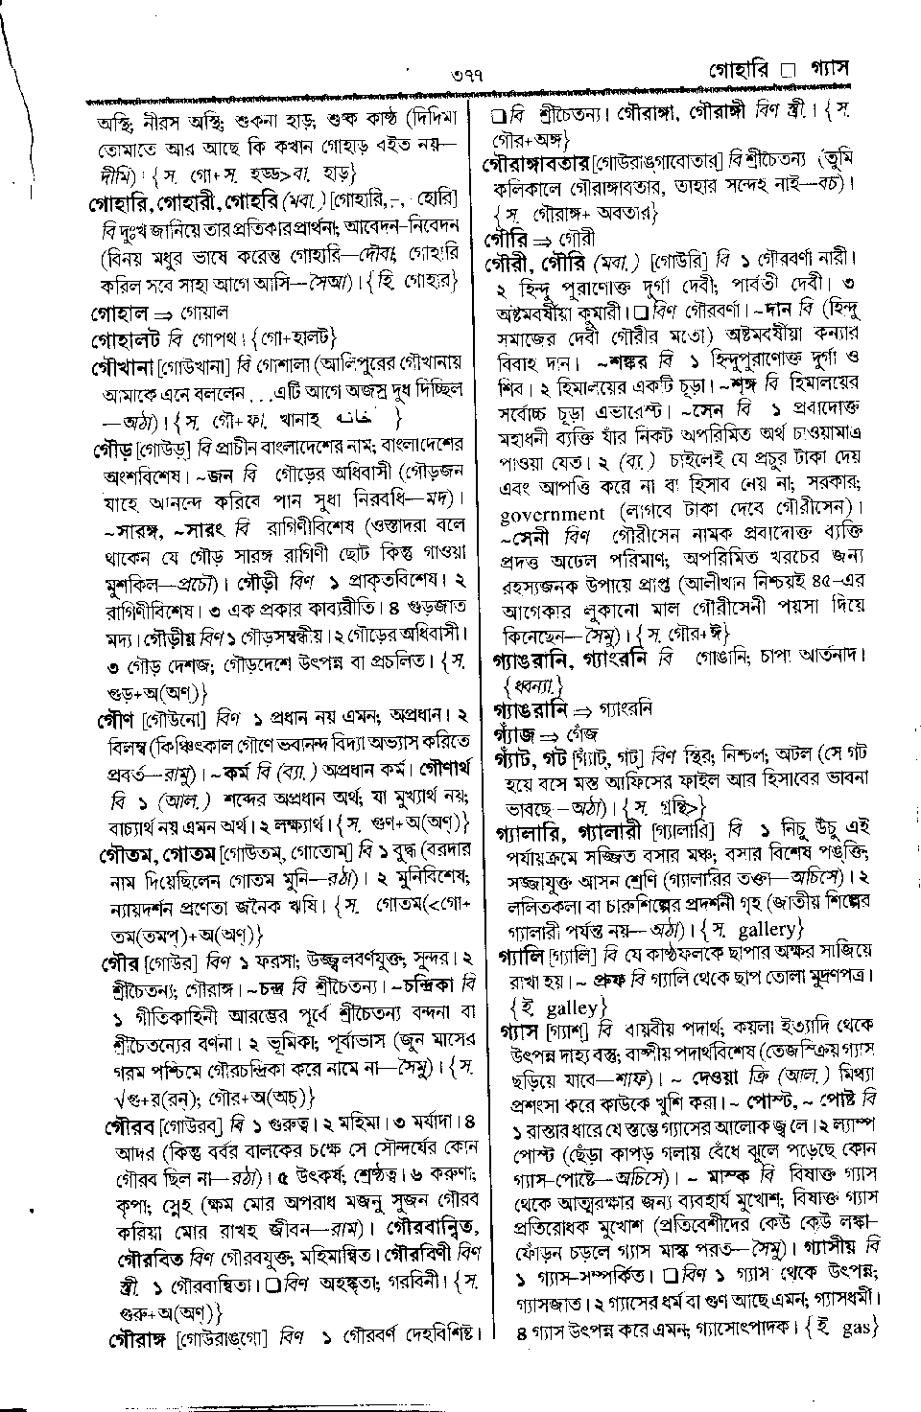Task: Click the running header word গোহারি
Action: pos(742,73)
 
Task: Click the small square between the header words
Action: pos(788,74)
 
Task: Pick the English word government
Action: pos(553,514)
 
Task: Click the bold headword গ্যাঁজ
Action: pos(512,734)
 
